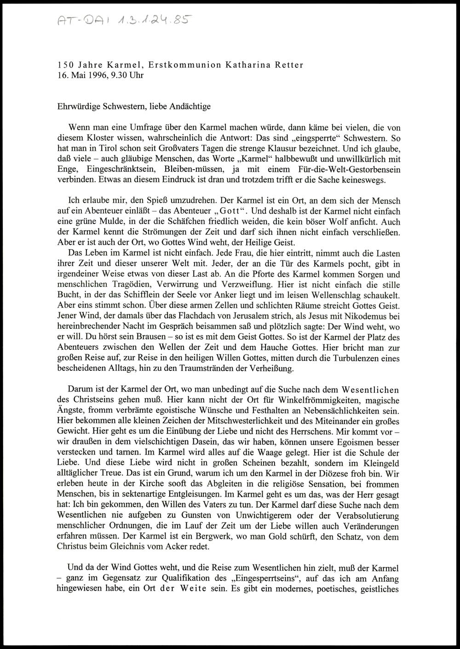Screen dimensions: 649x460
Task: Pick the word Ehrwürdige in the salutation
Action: click(77, 107)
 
